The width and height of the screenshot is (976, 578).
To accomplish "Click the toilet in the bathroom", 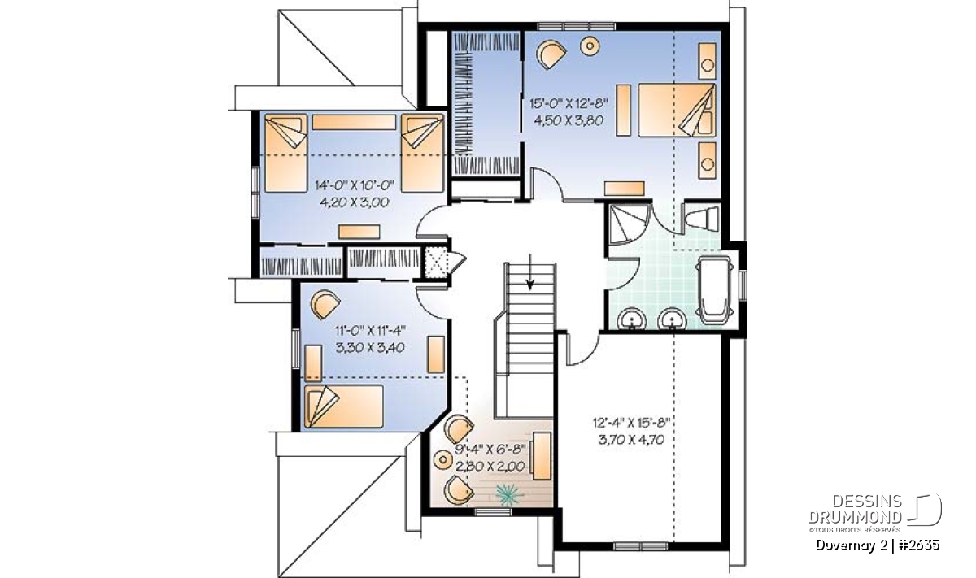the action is point(702,218).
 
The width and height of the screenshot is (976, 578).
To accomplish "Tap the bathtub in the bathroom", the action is point(714,290).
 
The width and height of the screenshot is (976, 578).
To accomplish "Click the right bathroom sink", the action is point(673,319).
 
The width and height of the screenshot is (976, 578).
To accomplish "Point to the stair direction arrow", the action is point(529,272).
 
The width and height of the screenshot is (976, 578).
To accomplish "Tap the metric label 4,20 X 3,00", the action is point(355,202).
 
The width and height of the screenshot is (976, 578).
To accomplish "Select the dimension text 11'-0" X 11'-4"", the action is point(370,330).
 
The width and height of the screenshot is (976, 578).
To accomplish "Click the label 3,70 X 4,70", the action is point(631,440).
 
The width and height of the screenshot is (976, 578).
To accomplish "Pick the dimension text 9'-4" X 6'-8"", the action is point(490,449).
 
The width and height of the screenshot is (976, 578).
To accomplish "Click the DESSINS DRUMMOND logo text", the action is point(856,509).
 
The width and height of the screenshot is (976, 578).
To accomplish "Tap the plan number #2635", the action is point(918,545).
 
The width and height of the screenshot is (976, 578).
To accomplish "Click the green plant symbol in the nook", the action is point(509,495).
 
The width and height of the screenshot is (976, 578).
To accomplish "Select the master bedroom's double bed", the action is point(677,111).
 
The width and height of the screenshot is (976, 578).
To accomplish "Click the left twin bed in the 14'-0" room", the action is point(285,153).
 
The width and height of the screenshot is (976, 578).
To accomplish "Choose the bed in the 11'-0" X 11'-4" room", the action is point(344,406).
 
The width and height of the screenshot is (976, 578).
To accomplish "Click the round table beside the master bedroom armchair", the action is point(590,46).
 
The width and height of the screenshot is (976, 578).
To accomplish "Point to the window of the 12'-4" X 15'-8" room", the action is point(641,546).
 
